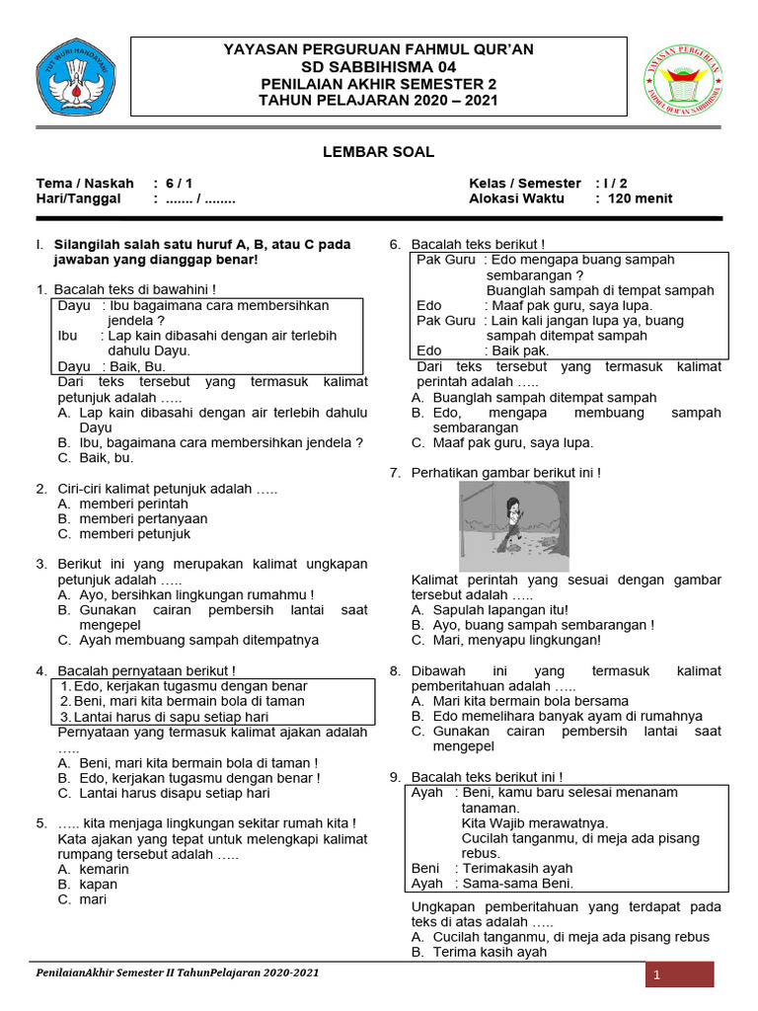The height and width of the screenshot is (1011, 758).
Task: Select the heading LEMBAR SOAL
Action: pyautogui.click(x=378, y=152)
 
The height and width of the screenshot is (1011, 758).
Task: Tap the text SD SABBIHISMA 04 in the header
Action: pyautogui.click(x=378, y=66)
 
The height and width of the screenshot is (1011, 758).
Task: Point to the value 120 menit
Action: pyautogui.click(x=642, y=198)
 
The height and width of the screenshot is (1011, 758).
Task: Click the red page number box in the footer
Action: pyautogui.click(x=679, y=975)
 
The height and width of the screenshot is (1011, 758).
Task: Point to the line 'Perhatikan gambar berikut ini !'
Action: pyautogui.click(x=505, y=473)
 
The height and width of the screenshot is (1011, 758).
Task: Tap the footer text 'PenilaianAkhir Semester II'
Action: pyautogui.click(x=118, y=972)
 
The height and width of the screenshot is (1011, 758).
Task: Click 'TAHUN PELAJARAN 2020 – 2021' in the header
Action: pyautogui.click(x=378, y=100)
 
